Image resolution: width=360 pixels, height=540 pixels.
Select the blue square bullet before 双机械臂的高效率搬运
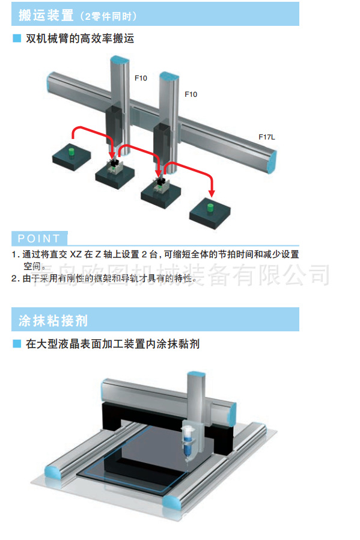(17, 38)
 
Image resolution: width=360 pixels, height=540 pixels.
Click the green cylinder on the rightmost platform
(210, 208)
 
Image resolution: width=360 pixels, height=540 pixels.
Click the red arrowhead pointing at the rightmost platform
(212, 192)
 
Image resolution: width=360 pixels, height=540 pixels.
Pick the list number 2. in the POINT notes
(15, 278)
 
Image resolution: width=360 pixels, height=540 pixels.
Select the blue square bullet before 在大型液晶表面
(17, 344)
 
